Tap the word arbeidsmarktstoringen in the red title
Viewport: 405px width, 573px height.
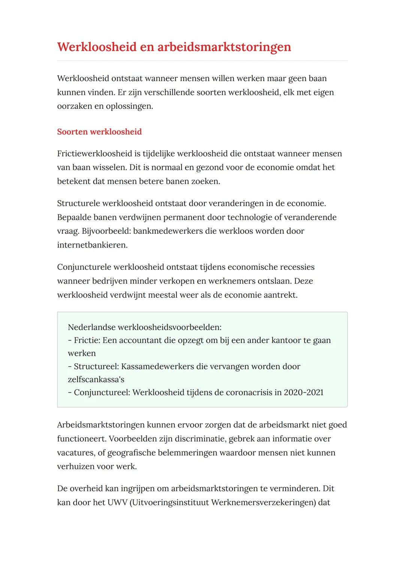pyautogui.click(x=224, y=47)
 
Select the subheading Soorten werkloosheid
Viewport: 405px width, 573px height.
pyautogui.click(x=99, y=132)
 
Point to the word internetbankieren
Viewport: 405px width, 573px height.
pyautogui.click(x=92, y=245)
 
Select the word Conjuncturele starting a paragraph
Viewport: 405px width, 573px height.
pyautogui.click(x=84, y=267)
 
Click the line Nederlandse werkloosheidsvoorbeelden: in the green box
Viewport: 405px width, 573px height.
pyautogui.click(x=144, y=327)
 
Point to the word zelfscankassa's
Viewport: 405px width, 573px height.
pyautogui.click(x=96, y=379)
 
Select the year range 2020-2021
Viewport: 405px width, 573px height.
pyautogui.click(x=303, y=393)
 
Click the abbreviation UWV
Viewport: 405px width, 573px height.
pyautogui.click(x=117, y=502)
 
